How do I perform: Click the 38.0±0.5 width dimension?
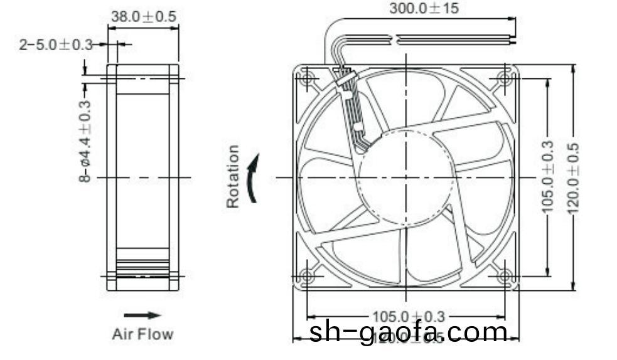143,17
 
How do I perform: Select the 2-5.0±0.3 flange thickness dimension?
55,45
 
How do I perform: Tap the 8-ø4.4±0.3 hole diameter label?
85,141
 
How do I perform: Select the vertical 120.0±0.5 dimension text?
572,177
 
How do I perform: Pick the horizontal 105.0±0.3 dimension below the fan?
408,316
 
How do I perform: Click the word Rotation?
233,176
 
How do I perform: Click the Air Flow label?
142,334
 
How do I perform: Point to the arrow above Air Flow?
142,315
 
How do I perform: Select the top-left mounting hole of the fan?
308,79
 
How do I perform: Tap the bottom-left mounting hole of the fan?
308,276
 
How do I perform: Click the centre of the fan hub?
406,177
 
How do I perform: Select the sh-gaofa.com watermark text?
408,332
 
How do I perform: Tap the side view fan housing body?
142,177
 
